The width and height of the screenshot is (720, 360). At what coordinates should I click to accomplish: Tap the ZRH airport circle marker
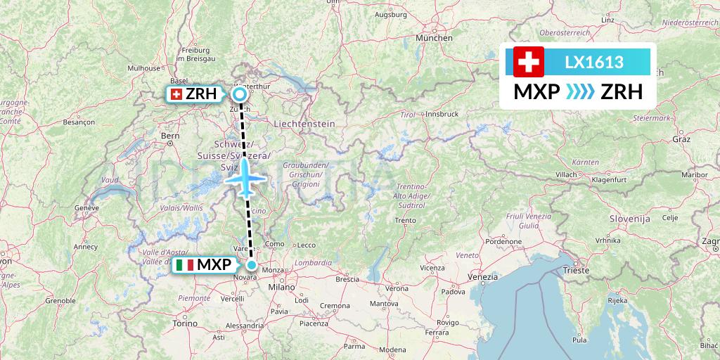(240, 94)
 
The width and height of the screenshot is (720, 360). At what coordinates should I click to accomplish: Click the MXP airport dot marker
(252, 265)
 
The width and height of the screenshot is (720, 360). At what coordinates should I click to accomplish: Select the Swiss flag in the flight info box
(529, 62)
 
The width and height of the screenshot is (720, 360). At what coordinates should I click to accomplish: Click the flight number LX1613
(594, 62)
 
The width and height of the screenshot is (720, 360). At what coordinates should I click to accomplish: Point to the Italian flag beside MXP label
(185, 265)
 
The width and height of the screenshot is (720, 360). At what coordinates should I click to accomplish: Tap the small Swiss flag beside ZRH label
(176, 94)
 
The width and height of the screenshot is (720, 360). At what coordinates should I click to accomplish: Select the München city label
(434, 38)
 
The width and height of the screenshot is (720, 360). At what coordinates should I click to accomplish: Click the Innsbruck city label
(442, 113)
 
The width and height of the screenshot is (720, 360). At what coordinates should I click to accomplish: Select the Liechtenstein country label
(304, 123)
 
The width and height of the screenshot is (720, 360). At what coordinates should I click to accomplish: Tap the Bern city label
(170, 135)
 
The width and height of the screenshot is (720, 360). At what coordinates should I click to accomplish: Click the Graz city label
(682, 139)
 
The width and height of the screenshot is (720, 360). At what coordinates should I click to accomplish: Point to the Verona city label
(396, 288)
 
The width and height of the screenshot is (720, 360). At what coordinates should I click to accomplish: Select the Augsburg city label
(392, 14)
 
